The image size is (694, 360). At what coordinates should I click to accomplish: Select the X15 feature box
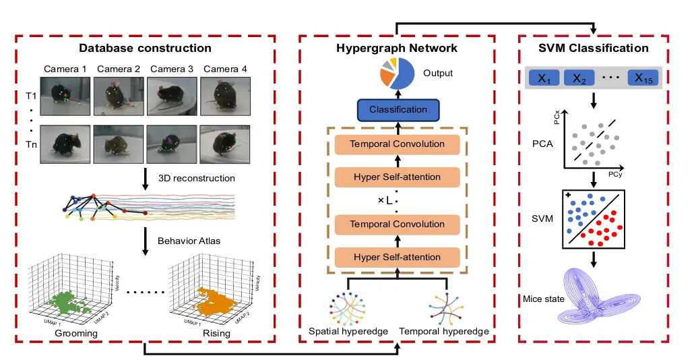pyautogui.click(x=644, y=78)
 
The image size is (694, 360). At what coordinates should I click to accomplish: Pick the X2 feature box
pyautogui.click(x=581, y=78)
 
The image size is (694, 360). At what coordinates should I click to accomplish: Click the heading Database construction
pyautogui.click(x=145, y=48)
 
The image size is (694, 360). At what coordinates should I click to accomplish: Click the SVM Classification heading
pyautogui.click(x=592, y=48)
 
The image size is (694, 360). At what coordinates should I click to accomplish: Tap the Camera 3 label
pyautogui.click(x=172, y=69)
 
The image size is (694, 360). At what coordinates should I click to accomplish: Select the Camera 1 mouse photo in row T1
pyautogui.click(x=65, y=95)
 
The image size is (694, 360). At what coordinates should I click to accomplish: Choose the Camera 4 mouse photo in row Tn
pyautogui.click(x=224, y=144)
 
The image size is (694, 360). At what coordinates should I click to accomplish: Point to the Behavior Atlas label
pyautogui.click(x=185, y=239)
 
